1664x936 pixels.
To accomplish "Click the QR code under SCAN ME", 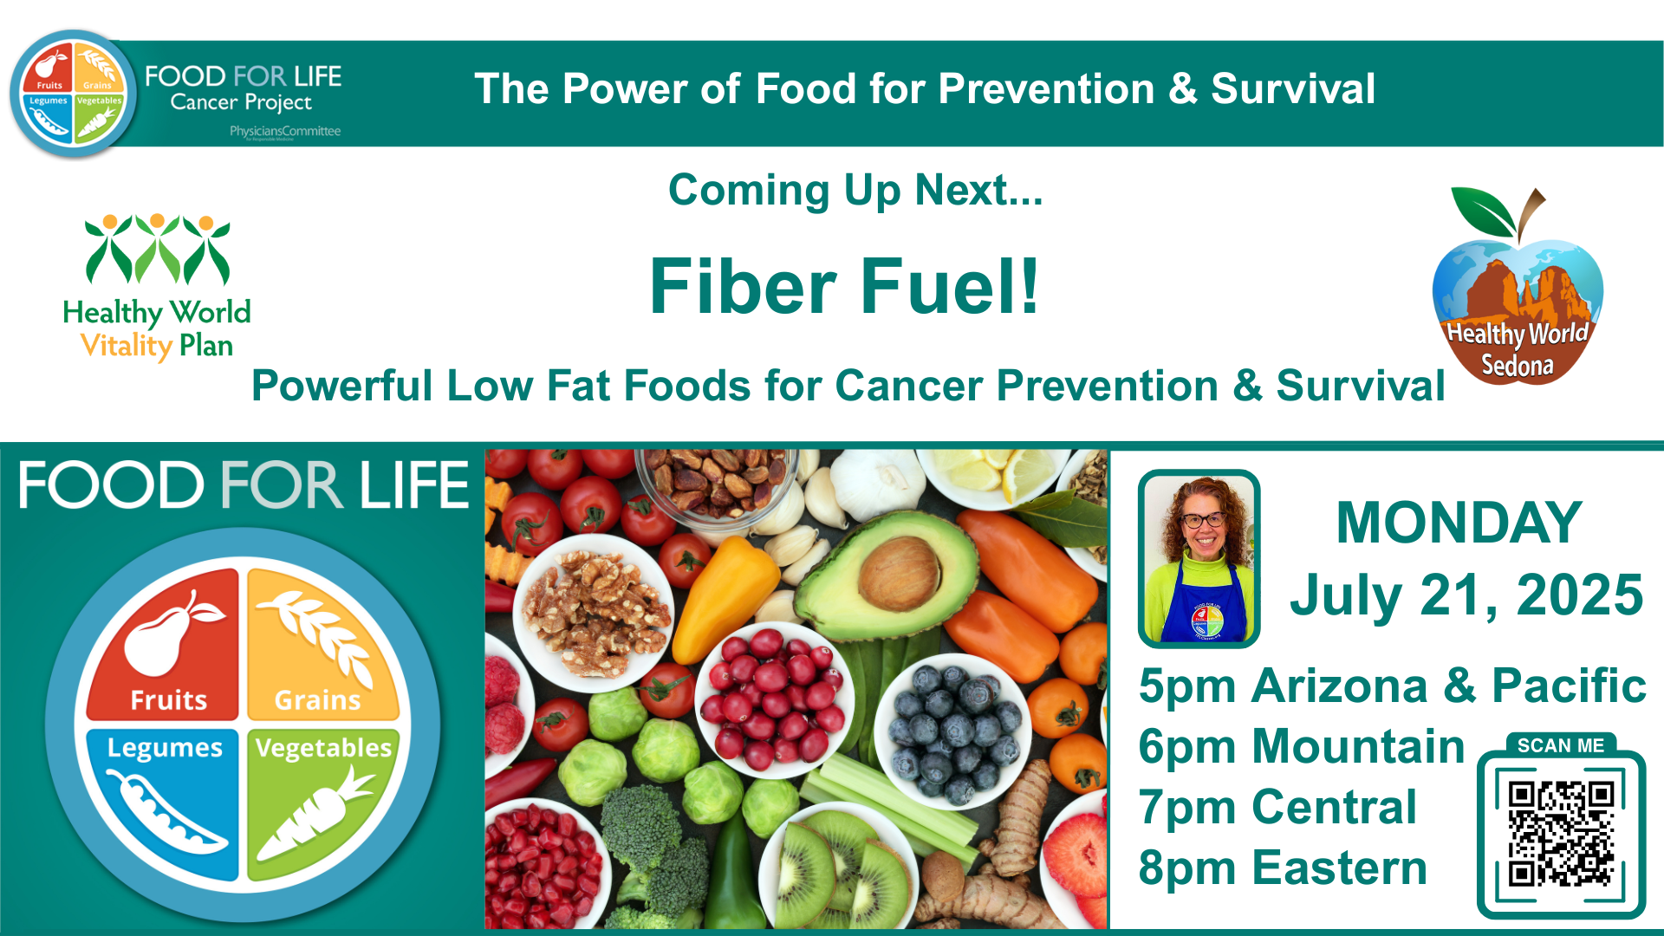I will coord(1560,834).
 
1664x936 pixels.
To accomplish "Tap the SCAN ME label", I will coord(1560,745).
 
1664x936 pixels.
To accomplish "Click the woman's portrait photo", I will coord(1199,560).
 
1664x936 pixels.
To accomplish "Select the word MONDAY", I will coord(1459,523).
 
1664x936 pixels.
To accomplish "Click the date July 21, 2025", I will coord(1466,595).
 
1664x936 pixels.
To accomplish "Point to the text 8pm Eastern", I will coord(1282,868).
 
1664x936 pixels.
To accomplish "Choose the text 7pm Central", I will coord(1277,807).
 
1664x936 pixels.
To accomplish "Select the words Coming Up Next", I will coord(855,190).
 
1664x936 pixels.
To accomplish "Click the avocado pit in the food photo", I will coord(899,572).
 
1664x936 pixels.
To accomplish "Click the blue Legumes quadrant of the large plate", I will coord(165,802).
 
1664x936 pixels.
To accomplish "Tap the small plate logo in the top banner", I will coord(74,94).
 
